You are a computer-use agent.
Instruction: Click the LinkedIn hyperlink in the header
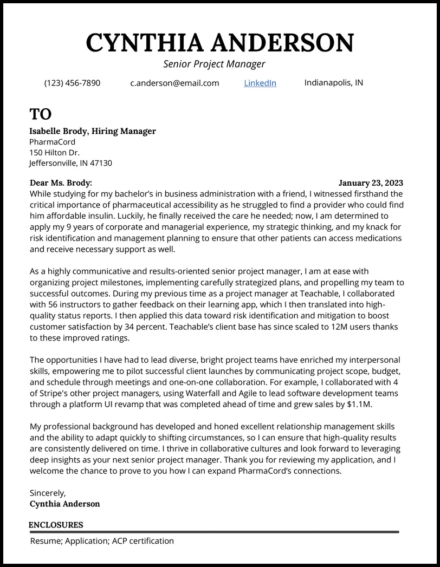(x=260, y=83)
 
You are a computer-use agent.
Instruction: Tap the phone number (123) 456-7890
(x=72, y=83)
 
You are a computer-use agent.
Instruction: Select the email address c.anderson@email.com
(x=174, y=83)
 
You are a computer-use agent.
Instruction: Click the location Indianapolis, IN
(x=333, y=82)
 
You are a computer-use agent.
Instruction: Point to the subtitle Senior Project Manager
(x=214, y=64)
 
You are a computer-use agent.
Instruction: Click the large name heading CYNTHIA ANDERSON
(x=219, y=42)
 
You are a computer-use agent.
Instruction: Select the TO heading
(x=40, y=114)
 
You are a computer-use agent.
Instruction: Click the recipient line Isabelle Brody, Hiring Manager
(x=92, y=131)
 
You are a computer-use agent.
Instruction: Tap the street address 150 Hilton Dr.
(x=54, y=153)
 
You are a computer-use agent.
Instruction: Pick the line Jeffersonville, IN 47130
(x=70, y=163)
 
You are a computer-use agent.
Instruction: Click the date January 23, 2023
(x=371, y=183)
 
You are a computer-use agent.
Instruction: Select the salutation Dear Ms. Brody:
(x=61, y=183)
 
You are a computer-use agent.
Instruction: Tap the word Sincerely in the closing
(x=48, y=493)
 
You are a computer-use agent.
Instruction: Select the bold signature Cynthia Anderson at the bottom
(x=64, y=504)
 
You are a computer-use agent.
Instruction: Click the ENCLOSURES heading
(x=56, y=525)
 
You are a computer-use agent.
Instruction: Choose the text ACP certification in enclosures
(x=143, y=540)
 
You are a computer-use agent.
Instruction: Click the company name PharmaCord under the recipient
(x=52, y=142)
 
